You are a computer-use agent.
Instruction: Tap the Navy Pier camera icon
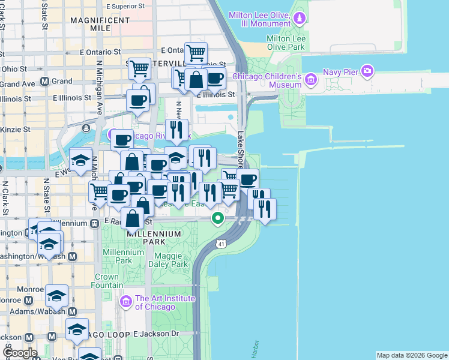tap(367, 71)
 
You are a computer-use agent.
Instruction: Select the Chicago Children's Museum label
tap(266, 80)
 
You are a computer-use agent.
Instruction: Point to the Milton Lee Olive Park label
tap(286, 42)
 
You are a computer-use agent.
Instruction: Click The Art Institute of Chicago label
tap(164, 302)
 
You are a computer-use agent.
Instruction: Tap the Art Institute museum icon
tap(126, 300)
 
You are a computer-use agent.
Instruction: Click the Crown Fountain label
tap(106, 282)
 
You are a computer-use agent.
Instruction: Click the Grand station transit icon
tap(44, 81)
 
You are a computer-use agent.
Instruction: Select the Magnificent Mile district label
tap(100, 24)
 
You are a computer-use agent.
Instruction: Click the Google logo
tap(19, 353)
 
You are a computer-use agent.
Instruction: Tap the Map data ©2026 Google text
tap(412, 355)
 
